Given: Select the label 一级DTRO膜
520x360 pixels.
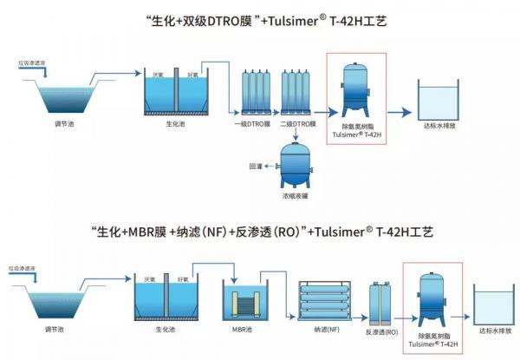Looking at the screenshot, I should click(250, 125).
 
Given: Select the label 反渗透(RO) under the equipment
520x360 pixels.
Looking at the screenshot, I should click(382, 331).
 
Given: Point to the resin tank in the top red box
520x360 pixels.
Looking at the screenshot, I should click(356, 86).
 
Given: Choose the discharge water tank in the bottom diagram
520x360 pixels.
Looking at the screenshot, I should click(496, 304).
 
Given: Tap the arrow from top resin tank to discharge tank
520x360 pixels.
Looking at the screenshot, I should click(399, 112).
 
